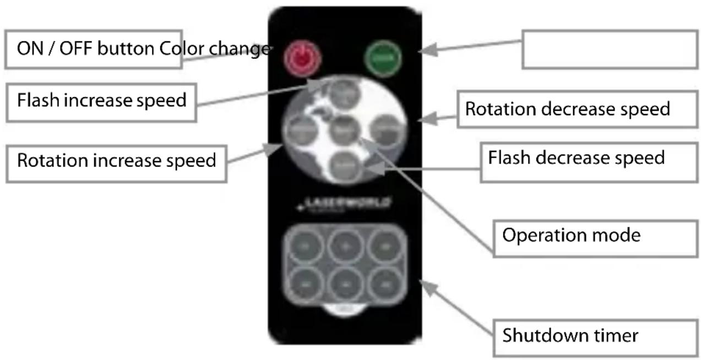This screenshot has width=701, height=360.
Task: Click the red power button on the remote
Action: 301,57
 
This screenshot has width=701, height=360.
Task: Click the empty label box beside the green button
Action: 610,50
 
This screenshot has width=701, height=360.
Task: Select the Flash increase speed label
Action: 101,101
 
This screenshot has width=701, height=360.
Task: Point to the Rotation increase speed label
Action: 116,161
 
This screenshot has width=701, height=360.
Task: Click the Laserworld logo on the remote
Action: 344,204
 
